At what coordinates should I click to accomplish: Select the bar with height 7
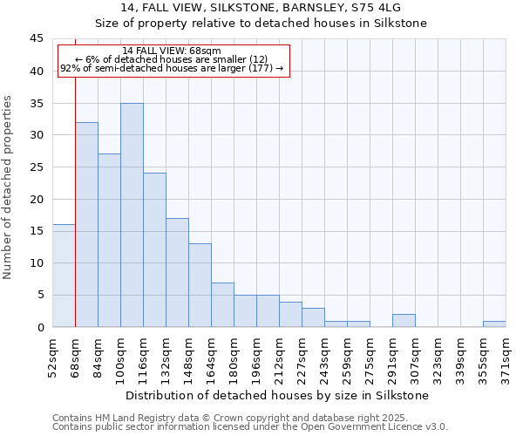(222, 304)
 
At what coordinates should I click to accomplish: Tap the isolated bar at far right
(494, 324)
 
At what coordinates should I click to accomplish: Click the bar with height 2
(404, 320)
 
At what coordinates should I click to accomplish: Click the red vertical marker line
(76, 174)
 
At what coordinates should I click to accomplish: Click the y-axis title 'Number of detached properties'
(9, 187)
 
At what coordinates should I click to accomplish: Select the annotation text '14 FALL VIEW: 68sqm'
(172, 51)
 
